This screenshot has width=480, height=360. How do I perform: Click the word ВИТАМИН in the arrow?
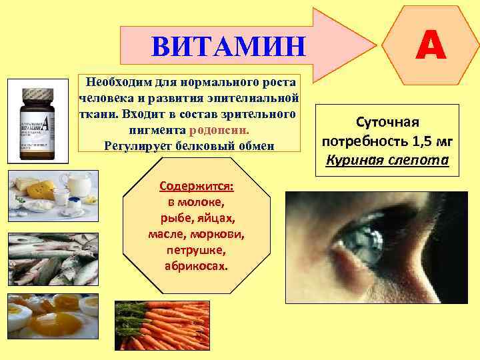(x=228, y=47)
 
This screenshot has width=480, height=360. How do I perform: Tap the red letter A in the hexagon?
(x=431, y=47)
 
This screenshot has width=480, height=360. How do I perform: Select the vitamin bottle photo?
(x=38, y=121)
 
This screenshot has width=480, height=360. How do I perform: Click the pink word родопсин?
(x=219, y=130)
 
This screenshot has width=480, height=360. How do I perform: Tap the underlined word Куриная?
(x=357, y=161)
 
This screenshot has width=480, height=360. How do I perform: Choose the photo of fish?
(x=53, y=259)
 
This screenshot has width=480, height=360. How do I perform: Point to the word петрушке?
(x=196, y=250)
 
